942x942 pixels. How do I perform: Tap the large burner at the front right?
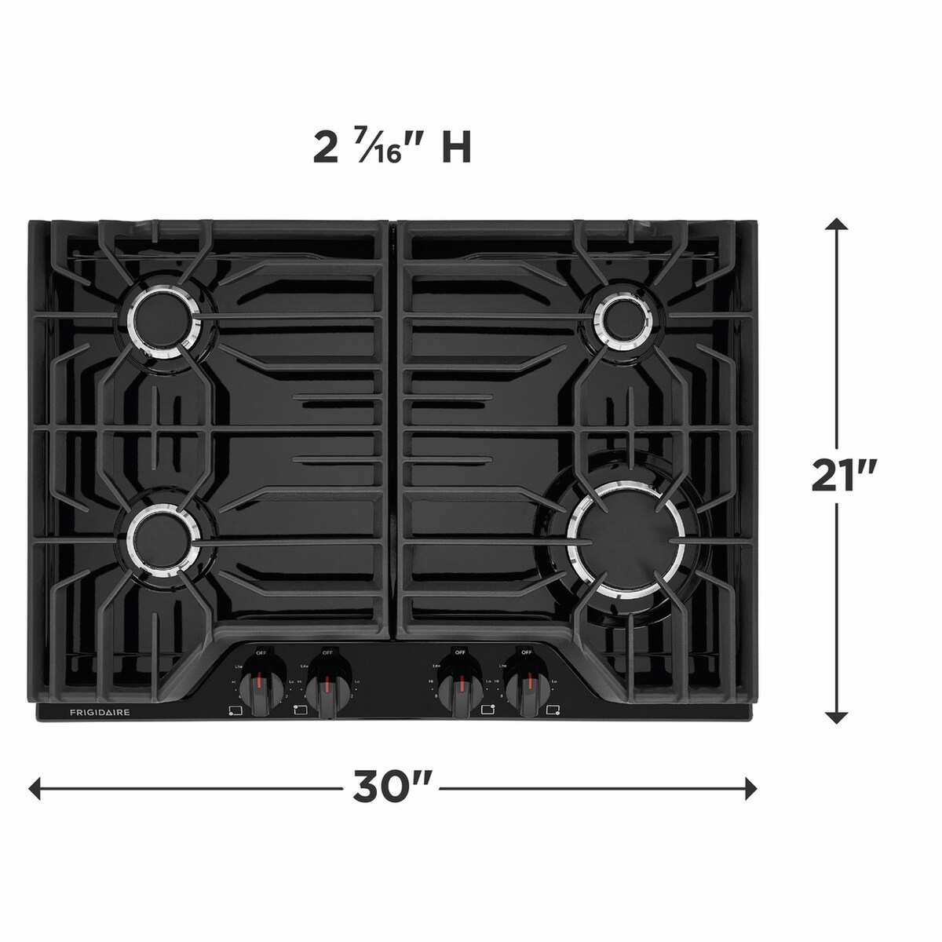tap(626, 538)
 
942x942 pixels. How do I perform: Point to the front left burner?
tap(161, 539)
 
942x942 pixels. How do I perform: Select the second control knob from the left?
tap(327, 688)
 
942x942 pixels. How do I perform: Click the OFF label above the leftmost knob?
tap(261, 652)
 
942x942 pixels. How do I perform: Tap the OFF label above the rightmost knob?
tap(526, 652)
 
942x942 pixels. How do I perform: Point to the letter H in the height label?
tap(455, 148)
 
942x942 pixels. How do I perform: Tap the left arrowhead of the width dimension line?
tap(35, 787)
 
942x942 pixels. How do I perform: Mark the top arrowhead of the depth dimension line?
tap(838, 224)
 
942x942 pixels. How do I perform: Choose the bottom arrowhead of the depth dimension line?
tap(838, 717)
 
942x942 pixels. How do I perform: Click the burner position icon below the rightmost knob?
tap(553, 711)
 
